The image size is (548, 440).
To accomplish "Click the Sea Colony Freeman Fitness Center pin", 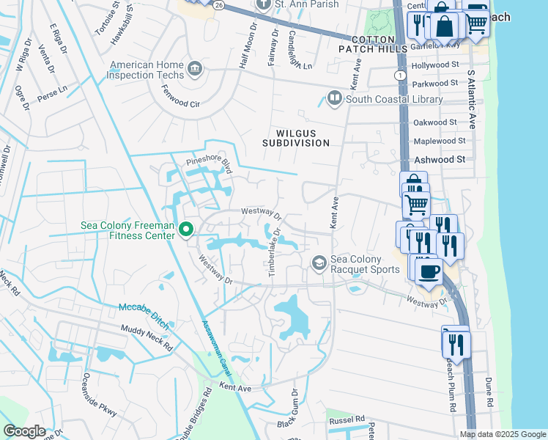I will tap(186, 230).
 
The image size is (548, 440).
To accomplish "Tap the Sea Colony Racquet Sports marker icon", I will tap(319, 263).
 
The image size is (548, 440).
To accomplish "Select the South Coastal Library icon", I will tap(334, 98).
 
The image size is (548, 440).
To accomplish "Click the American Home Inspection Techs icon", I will tap(195, 70).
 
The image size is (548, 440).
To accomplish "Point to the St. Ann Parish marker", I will tap(264, 5).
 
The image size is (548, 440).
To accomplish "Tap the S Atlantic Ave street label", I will tap(471, 100).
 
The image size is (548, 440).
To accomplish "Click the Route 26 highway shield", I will tap(220, 4).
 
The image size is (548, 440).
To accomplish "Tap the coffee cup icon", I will tap(429, 271).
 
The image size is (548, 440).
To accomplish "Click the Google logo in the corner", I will tap(25, 431).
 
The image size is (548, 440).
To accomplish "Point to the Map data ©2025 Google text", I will tap(503, 434).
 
